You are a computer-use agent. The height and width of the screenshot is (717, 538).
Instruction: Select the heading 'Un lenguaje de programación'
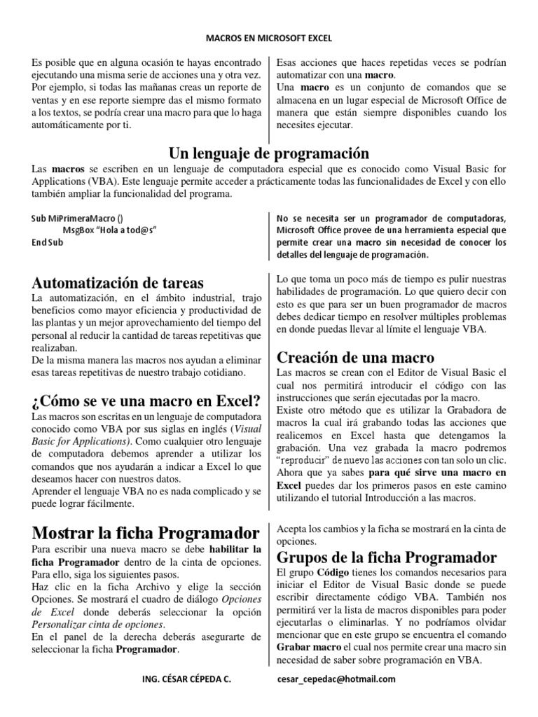[269, 153]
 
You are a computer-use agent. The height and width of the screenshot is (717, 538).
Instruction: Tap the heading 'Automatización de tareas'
[118, 283]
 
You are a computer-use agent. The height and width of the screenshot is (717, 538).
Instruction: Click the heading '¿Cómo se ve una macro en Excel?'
[146, 401]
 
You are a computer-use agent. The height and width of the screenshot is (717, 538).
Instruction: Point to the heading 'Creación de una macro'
[355, 356]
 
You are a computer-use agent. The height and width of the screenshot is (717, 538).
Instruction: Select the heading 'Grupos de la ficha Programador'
[388, 557]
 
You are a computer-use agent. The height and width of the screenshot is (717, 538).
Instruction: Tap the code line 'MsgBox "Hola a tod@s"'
[109, 230]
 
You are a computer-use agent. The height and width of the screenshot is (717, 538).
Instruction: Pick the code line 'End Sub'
[48, 242]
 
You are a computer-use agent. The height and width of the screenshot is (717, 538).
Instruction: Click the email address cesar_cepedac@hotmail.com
[337, 678]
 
